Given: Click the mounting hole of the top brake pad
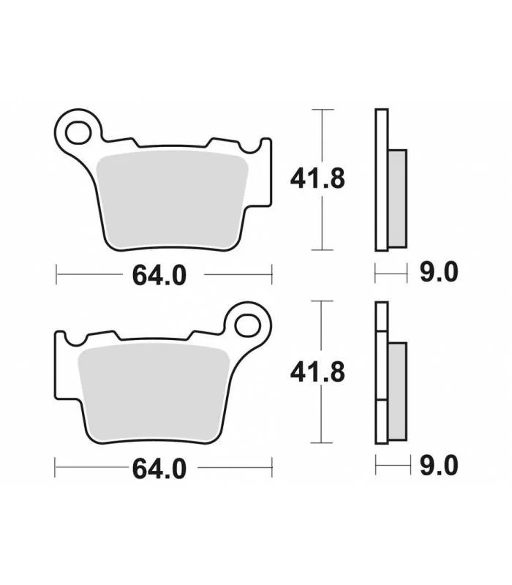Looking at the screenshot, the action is (x=78, y=132).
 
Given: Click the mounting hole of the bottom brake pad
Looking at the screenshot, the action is (x=247, y=325).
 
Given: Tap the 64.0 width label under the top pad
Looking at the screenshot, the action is (x=159, y=276).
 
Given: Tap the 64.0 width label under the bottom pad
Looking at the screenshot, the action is (x=159, y=469).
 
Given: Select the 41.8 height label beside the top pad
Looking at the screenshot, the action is (x=317, y=179).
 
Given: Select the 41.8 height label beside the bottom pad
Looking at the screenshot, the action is (x=317, y=372).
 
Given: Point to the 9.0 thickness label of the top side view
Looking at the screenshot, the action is (x=439, y=272).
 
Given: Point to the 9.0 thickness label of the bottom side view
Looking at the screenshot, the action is (x=439, y=465).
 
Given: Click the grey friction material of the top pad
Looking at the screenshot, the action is (x=172, y=200).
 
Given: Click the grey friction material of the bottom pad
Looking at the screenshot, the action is (x=154, y=393).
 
